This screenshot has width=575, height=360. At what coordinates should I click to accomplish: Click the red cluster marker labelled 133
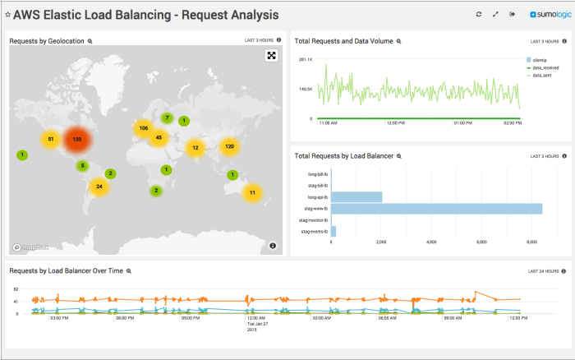pos(76,140)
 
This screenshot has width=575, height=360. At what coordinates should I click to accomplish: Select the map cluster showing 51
pos(50,140)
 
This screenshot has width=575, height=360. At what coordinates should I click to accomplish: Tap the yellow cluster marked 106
pos(143,128)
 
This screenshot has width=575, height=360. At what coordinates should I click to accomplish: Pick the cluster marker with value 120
pos(230,146)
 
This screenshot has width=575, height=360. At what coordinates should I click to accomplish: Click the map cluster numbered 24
pos(99,187)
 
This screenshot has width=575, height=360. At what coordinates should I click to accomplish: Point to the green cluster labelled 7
pos(167,118)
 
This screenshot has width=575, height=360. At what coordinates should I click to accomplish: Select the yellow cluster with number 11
pos(252,192)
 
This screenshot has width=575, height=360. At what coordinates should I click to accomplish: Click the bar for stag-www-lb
pos(436,209)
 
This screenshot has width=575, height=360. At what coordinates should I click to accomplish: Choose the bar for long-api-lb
pos(356,197)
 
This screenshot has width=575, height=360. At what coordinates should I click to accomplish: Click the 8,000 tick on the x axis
pos(531,242)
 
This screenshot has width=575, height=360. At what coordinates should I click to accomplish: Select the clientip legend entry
pos(539,60)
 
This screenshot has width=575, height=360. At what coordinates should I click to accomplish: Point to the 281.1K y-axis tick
pos(306,59)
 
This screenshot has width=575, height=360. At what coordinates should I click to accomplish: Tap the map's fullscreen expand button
pos(271,55)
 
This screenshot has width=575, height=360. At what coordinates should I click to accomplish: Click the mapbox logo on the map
pos(30,246)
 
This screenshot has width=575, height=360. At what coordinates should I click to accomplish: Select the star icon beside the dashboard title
pos(8,15)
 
